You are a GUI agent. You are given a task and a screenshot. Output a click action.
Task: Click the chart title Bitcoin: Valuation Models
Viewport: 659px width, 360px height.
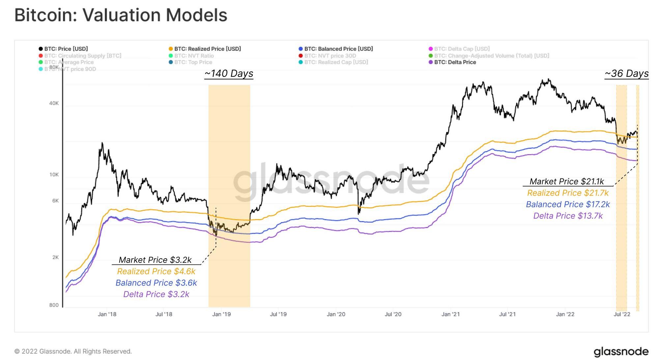[x=121, y=15]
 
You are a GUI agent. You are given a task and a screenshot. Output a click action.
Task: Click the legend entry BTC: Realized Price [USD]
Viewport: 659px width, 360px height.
[x=207, y=49]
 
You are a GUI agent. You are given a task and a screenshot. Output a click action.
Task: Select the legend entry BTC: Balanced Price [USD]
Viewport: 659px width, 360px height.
[x=338, y=49]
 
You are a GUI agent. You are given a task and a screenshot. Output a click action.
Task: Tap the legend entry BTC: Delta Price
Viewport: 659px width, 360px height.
[x=455, y=62]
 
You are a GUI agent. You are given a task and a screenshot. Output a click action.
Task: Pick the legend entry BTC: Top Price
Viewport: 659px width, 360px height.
[x=193, y=62]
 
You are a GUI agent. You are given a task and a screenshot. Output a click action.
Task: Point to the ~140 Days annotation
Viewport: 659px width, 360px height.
[x=229, y=73]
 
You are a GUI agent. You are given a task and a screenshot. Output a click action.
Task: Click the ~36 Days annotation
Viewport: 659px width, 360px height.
[x=626, y=73]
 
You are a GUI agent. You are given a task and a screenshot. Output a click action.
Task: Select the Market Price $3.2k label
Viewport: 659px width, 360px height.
[x=155, y=260]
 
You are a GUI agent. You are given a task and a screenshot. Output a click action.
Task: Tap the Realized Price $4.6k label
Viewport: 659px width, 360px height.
[x=156, y=271]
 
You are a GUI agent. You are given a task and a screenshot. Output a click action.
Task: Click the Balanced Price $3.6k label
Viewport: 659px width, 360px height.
[x=156, y=283]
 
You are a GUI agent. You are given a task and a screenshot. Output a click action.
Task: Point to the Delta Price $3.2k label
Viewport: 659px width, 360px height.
[x=156, y=294]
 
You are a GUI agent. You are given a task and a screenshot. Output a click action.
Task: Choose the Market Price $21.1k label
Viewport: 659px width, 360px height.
[x=567, y=181]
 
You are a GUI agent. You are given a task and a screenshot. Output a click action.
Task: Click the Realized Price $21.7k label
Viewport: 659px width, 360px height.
[x=568, y=193]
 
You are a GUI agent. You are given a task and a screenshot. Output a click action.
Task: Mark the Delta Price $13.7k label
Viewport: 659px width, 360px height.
[x=568, y=216]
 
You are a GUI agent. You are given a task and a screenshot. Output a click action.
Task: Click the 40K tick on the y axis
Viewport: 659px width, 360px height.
[x=54, y=103]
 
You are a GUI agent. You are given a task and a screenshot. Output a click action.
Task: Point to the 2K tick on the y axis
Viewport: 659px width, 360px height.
[x=55, y=257]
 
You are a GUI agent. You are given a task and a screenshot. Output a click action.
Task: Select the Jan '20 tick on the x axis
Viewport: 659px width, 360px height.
[x=336, y=314]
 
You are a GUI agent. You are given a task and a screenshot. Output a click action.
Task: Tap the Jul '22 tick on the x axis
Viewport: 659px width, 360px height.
[x=622, y=314]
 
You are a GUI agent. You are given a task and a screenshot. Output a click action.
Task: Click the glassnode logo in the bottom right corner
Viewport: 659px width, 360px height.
[x=621, y=351]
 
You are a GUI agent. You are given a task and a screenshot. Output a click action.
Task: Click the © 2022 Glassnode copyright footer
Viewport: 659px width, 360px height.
[x=73, y=351]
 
